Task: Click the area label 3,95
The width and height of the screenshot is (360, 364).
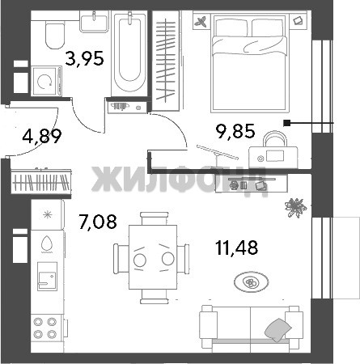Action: coord(84,59)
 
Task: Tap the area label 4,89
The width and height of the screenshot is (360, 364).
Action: coord(42,136)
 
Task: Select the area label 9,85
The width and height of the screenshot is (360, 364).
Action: coord(235,131)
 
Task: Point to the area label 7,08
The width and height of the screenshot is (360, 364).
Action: coord(98,222)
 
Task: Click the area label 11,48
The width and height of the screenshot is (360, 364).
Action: coord(237,248)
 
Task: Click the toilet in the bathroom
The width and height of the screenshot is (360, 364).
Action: coord(55,35)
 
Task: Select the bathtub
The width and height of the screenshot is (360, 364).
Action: coord(129,53)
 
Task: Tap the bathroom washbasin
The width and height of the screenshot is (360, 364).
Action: coord(94,22)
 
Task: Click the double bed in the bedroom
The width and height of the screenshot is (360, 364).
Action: coord(249,64)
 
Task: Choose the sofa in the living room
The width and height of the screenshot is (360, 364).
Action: coord(250,328)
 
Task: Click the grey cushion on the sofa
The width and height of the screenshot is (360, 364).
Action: coord(278,330)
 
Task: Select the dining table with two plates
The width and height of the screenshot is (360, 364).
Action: coord(153,257)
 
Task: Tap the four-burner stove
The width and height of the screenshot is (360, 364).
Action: coord(45,328)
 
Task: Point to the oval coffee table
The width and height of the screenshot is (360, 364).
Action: coord(252,282)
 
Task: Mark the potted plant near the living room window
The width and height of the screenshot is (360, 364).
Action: coord(296,208)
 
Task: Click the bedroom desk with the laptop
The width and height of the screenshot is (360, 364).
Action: coord(273,157)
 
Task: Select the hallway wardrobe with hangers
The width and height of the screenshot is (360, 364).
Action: coord(41,181)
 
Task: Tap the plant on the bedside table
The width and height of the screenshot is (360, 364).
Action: coord(201,22)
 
